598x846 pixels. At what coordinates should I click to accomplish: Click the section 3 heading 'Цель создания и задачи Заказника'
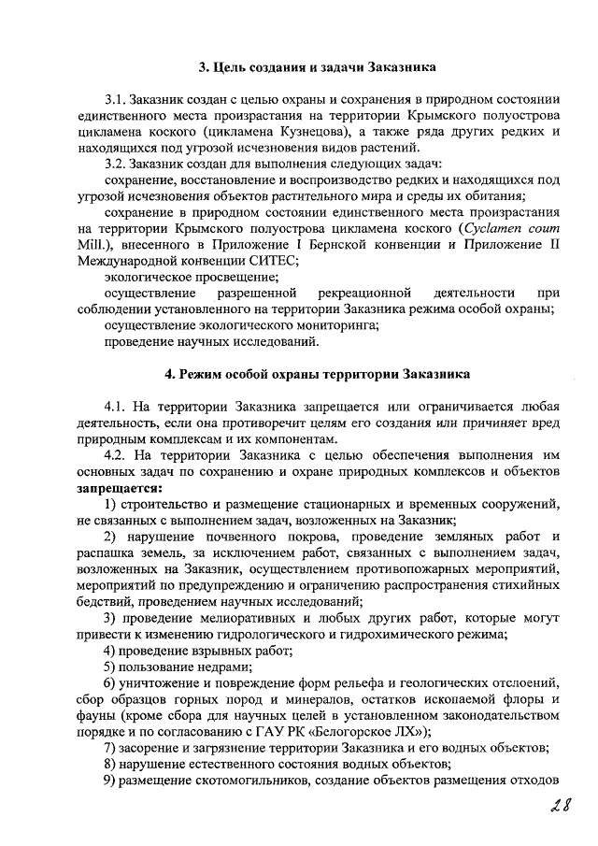317,66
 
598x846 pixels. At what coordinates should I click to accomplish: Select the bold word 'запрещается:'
119,488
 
